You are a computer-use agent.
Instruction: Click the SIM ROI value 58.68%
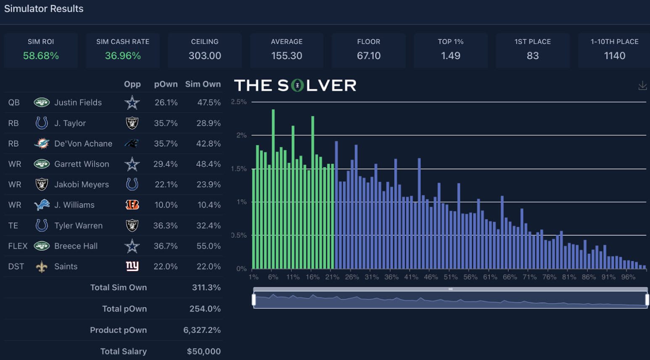tap(41, 56)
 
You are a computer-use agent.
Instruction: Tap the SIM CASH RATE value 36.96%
tap(123, 56)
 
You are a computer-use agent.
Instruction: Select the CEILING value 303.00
tap(205, 56)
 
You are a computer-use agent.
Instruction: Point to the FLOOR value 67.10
tap(369, 56)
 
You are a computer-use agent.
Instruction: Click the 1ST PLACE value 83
tap(533, 56)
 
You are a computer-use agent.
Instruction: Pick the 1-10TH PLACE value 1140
tap(614, 56)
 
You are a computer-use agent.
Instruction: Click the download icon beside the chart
tap(642, 86)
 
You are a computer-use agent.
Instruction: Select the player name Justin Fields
tap(78, 103)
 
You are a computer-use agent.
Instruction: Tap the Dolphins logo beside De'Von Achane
tap(42, 143)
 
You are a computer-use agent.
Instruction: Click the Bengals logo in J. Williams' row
tap(132, 205)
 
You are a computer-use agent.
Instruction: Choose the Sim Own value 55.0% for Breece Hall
tap(209, 246)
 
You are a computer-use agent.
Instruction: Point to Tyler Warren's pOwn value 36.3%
tap(165, 225)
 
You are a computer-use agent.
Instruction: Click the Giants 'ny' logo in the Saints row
tap(132, 266)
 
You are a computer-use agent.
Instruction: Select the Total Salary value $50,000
tap(203, 351)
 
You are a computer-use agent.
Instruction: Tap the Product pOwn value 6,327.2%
tap(202, 330)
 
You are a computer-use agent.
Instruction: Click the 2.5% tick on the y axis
tap(239, 102)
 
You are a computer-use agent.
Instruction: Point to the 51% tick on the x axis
tap(450, 277)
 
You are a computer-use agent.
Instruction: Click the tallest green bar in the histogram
tap(273, 189)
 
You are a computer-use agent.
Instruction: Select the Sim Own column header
tap(203, 84)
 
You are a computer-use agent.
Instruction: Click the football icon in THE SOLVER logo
tap(297, 86)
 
